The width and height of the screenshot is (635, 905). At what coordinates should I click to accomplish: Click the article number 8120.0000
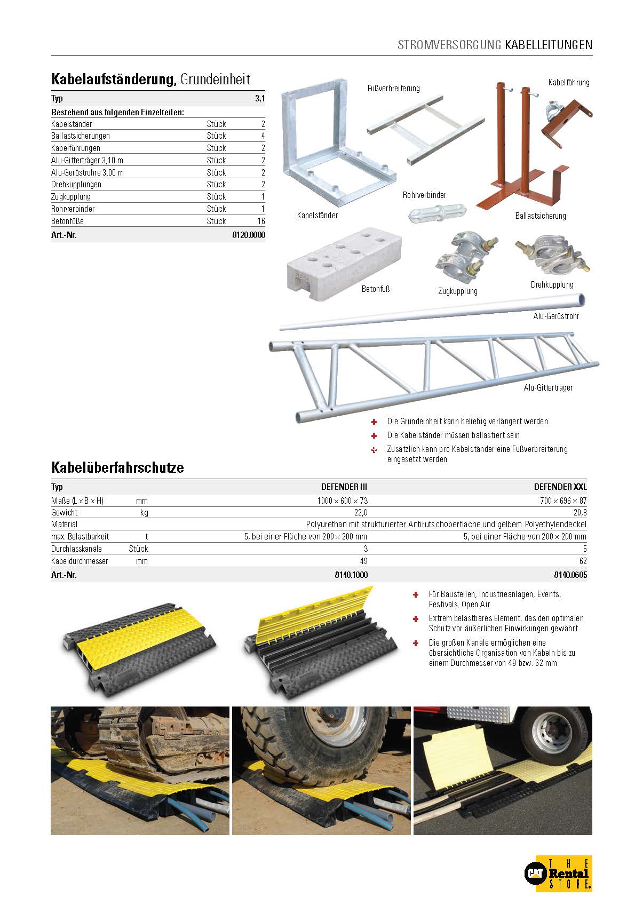point(249,235)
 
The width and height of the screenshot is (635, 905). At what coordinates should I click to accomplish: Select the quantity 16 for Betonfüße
point(261,221)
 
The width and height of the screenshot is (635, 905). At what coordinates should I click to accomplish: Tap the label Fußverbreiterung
point(393,88)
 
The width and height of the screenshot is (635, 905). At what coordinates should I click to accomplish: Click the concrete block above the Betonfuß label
point(344,264)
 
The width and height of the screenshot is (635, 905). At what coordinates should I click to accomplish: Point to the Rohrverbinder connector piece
point(437,212)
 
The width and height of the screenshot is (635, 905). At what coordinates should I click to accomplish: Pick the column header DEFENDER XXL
point(560,487)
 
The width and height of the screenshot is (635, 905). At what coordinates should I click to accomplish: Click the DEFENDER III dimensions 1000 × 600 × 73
point(342,501)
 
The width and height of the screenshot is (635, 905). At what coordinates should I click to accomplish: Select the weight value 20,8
point(580,512)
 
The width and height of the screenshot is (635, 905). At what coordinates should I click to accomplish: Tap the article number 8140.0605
point(570,575)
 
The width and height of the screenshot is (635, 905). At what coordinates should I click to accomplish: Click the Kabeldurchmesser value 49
point(363,561)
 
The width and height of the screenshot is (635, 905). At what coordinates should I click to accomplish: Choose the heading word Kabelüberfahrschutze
point(117,467)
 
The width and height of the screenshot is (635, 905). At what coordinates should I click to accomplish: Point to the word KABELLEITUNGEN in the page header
point(549,44)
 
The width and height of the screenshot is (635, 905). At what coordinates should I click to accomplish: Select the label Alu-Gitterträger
point(547,387)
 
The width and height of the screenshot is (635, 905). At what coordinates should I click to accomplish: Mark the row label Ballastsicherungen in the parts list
point(81,136)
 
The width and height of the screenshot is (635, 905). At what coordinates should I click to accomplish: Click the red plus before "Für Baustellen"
point(415,595)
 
